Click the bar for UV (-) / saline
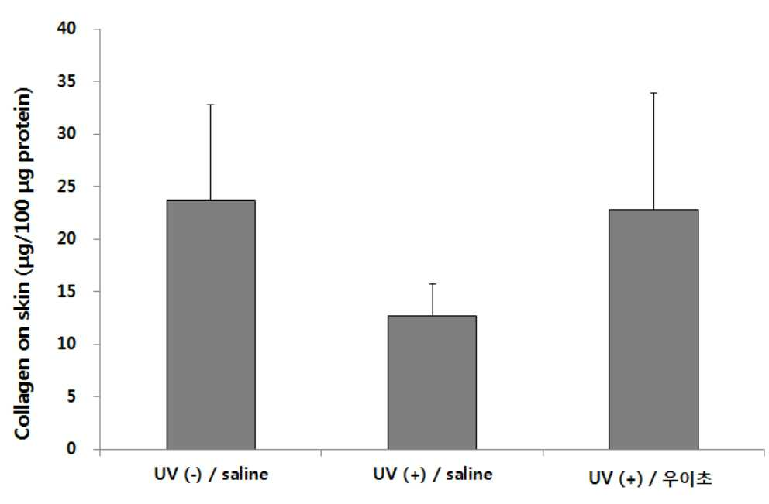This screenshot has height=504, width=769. point(211,324)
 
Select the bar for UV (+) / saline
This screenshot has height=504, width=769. point(432,382)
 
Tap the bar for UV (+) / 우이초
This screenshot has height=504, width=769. point(653,329)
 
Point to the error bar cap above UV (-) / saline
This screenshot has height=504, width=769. point(211,105)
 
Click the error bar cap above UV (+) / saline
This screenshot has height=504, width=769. point(433,283)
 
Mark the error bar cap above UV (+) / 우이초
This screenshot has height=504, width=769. point(653,93)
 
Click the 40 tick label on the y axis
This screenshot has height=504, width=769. point(67,29)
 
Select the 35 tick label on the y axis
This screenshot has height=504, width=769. point(67,81)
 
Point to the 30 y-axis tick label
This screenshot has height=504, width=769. point(67,133)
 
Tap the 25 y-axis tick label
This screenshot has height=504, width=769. point(67,186)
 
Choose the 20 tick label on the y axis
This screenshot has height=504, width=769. point(67,238)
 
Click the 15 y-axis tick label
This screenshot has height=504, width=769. point(67,291)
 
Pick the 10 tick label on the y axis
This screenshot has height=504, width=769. point(67,343)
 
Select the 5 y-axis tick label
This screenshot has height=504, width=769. point(71,396)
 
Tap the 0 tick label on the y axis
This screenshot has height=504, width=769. point(71,448)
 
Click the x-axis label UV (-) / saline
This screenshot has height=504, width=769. point(212,474)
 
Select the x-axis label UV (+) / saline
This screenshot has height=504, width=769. point(433,474)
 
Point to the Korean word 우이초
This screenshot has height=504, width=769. point(687,478)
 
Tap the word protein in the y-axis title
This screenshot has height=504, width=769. point(22,125)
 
